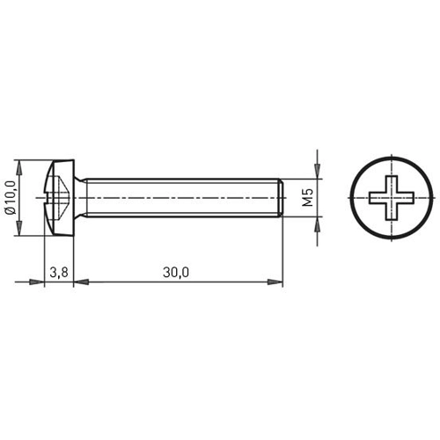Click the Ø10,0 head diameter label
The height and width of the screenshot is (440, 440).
(x=10, y=198)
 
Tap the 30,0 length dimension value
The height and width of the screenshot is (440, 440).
(x=176, y=272)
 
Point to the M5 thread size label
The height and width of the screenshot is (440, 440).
(x=307, y=198)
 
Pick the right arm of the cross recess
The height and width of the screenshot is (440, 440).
(x=403, y=198)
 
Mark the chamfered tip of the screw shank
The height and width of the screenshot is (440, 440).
(x=279, y=198)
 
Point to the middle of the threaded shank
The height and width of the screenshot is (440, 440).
(x=180, y=198)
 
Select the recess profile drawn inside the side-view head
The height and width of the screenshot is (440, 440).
(x=60, y=198)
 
